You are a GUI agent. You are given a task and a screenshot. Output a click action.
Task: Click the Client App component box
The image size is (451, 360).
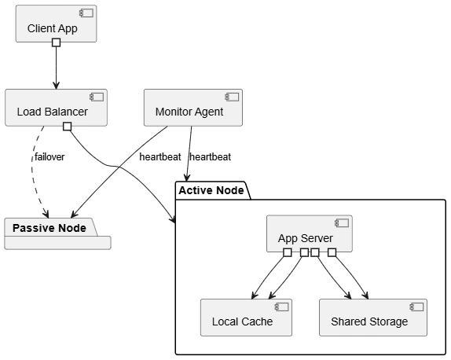click(x=56, y=24)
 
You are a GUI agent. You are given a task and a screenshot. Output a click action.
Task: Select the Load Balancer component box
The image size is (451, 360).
click(x=56, y=108)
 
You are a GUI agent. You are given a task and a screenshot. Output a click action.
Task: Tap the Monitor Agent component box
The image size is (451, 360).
click(x=193, y=108)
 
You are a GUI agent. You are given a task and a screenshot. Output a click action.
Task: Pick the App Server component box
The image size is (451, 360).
click(x=310, y=233)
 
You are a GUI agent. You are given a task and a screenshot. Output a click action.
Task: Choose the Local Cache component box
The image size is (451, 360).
click(x=246, y=318)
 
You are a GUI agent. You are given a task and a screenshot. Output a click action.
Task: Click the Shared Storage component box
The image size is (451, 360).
click(x=373, y=318)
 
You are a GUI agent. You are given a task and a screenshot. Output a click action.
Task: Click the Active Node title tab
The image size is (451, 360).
click(x=213, y=190)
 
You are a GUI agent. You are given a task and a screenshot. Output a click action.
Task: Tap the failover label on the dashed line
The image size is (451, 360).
click(x=49, y=157)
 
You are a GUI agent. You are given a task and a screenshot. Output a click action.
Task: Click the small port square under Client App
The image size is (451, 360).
click(x=57, y=42)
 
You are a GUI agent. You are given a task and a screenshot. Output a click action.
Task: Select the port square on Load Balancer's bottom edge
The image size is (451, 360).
click(x=68, y=127)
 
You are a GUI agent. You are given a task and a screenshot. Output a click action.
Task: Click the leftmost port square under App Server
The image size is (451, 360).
click(x=288, y=252)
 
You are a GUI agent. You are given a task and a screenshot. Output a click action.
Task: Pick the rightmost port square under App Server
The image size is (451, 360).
click(x=332, y=252)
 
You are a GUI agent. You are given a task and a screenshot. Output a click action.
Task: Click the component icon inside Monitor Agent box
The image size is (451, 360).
click(x=232, y=97)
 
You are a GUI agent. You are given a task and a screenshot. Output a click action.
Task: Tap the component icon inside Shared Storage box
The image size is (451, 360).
click(x=416, y=307)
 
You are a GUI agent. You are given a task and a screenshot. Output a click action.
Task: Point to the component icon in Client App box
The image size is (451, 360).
click(x=86, y=13)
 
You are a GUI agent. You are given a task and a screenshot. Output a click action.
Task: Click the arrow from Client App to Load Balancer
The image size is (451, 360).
click(x=57, y=68)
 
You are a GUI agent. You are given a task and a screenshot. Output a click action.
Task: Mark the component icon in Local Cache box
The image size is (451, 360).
click(x=281, y=307)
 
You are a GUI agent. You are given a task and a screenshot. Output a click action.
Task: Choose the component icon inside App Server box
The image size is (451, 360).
click(x=342, y=223)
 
